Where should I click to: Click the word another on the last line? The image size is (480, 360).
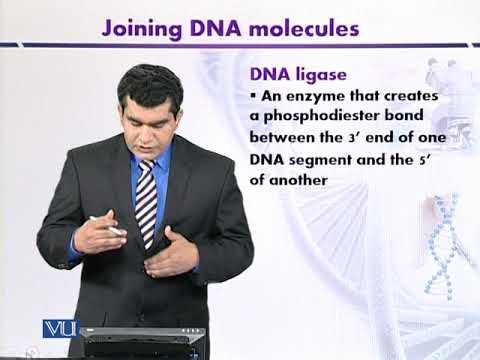pos(298,181)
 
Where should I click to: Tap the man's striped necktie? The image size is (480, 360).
pos(146,205)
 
